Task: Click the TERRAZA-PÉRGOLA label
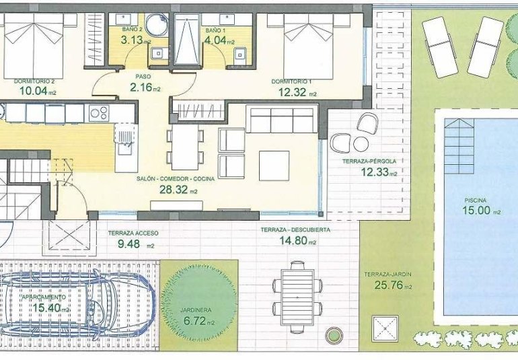click(x=369, y=161)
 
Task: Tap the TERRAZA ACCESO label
click(x=133, y=233)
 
